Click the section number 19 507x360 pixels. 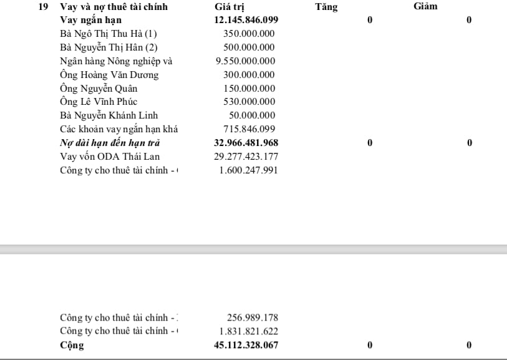coord(44,7)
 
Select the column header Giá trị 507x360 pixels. coord(229,7)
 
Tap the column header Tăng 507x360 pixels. coord(326,7)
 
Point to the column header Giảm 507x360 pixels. coord(425,7)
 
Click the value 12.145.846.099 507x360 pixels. coord(246,20)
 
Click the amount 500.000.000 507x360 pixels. coord(249,47)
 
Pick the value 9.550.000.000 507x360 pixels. coord(245,61)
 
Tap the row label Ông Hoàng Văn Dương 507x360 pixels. coord(109,75)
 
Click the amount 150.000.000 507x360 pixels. coord(249,89)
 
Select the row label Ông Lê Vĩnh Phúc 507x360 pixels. coord(99,102)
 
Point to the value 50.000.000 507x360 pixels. coord(251,115)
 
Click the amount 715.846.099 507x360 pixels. coord(249,129)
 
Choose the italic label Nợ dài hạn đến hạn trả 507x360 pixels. coord(110,143)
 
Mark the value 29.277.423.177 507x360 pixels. coord(246,156)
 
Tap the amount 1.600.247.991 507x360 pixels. coord(248,170)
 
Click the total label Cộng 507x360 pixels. coord(72,345)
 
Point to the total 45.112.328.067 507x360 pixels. coord(246,345)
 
